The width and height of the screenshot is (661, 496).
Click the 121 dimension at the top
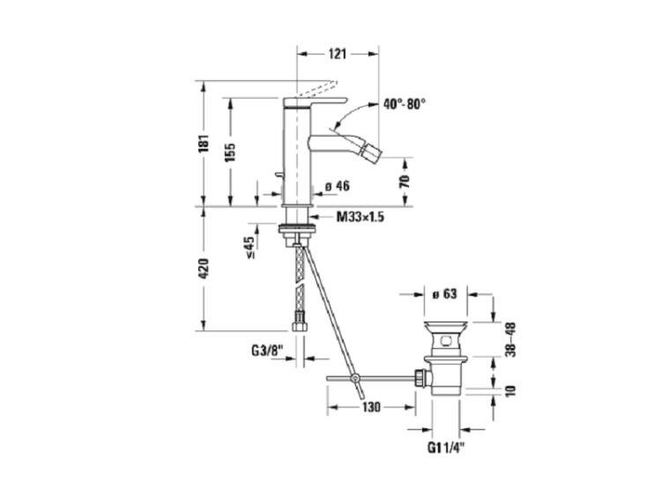point(338,54)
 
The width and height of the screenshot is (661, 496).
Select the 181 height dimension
point(204,144)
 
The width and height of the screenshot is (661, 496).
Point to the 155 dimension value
point(230,152)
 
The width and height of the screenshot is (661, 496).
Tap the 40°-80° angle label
point(405,104)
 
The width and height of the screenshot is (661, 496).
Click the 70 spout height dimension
point(405,181)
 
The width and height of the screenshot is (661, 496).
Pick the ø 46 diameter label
point(338,185)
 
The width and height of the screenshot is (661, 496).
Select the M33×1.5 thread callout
point(360,217)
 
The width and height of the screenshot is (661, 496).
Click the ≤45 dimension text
point(249,248)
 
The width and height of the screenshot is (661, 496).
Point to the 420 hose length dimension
point(204,269)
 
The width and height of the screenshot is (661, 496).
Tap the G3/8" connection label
point(266,351)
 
